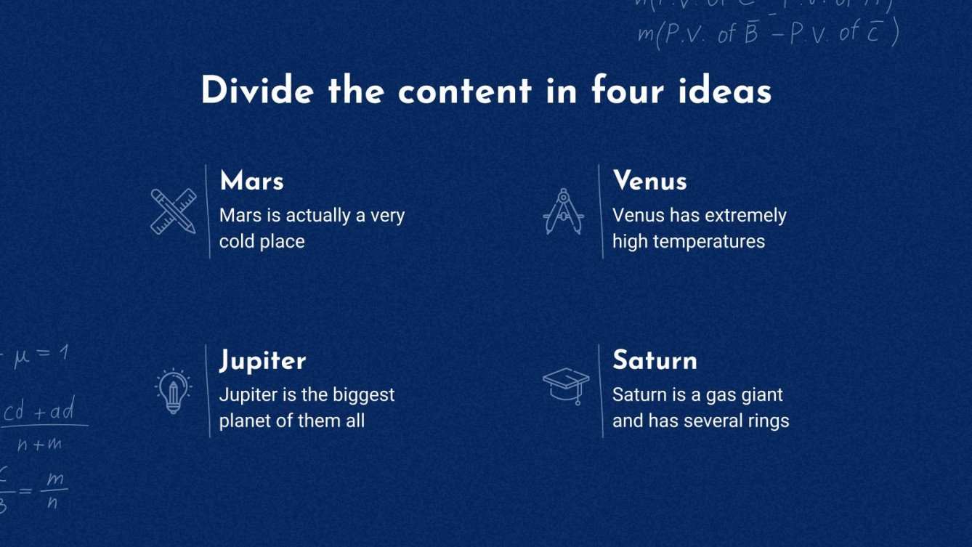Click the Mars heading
[251, 181]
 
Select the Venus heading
[649, 181]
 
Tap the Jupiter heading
[262, 361]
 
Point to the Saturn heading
[655, 360]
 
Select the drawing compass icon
[564, 211]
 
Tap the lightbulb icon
[173, 392]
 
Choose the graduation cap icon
[566, 386]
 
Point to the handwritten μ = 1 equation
[40, 356]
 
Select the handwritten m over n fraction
[52, 490]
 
